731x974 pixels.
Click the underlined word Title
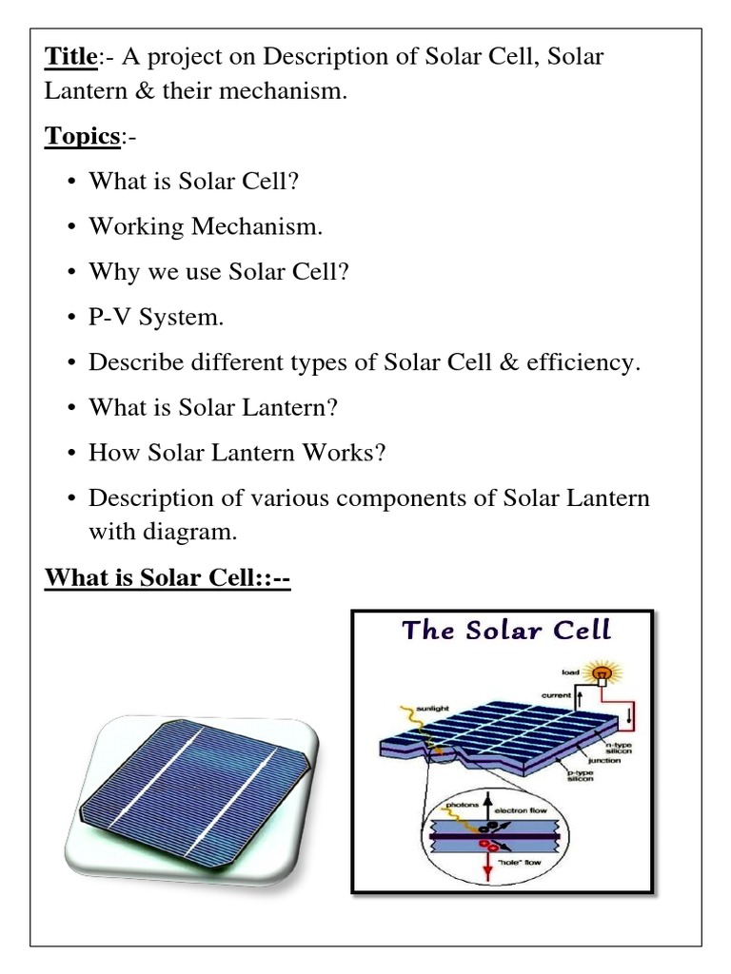pos(70,58)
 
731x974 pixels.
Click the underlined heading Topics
pos(81,137)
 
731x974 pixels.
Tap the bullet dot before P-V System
pos(74,319)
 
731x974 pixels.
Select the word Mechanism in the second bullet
pos(254,226)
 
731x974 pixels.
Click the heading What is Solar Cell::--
pos(168,577)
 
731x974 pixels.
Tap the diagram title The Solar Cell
pos(506,631)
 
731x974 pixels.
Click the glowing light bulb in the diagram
pos(602,675)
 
